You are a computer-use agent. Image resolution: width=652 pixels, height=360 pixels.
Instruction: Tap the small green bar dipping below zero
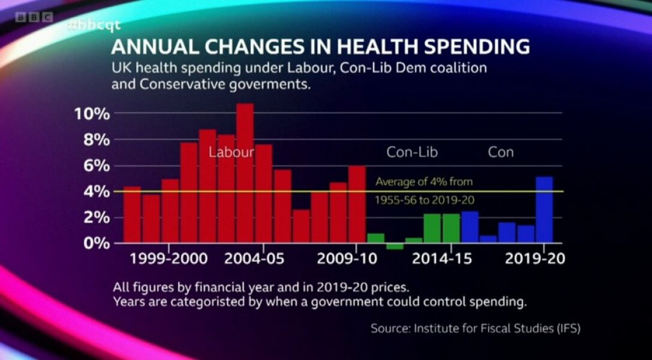395,246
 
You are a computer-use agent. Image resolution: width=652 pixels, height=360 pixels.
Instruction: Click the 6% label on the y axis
97,166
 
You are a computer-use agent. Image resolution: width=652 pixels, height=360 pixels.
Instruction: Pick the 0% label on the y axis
97,244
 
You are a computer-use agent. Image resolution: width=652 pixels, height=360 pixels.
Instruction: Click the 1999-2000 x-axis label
170,260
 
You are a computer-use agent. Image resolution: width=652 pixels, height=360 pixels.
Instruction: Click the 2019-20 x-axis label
535,260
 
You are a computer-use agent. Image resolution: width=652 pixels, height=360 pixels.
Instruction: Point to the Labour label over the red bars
231,152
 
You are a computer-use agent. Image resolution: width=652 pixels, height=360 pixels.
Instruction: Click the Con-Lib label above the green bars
412,152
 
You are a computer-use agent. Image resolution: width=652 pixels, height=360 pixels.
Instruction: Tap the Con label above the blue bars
501,152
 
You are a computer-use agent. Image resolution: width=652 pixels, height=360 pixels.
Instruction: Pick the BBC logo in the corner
34,17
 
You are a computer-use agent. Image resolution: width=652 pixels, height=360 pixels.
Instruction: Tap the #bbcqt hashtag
95,25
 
